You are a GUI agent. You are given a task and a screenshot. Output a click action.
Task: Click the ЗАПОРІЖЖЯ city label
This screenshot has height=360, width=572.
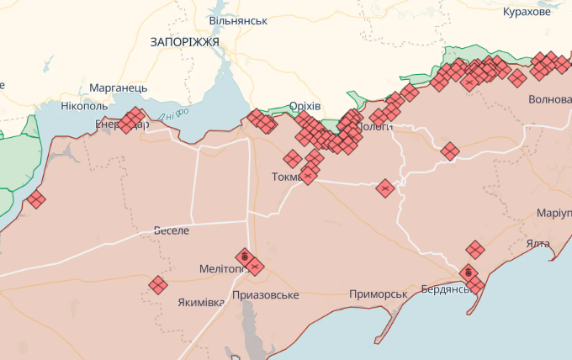[184, 41]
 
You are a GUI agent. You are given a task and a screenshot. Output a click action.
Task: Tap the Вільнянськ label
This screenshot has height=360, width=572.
[238, 19]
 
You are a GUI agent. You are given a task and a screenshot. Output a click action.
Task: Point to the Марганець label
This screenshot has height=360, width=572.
[119, 87]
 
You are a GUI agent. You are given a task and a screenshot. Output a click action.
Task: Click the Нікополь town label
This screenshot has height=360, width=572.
[84, 107]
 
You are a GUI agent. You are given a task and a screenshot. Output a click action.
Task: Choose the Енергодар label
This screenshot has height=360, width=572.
[121, 124]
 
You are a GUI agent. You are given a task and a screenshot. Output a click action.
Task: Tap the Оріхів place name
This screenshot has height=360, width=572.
[305, 105]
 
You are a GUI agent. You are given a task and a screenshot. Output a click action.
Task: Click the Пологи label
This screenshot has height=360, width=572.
[375, 126]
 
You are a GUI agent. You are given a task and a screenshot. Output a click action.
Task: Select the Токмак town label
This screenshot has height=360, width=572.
[291, 177]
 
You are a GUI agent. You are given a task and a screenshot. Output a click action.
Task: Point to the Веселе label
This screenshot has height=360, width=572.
[172, 230]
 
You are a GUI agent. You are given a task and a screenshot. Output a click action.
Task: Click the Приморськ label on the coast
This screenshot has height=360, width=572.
[379, 294]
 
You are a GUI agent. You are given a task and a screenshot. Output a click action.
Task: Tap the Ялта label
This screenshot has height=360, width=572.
[538, 243]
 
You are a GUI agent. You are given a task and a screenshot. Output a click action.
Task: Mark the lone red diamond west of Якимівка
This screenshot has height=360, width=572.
[157, 284]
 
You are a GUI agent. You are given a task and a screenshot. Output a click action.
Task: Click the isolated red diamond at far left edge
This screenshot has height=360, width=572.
[35, 199]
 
